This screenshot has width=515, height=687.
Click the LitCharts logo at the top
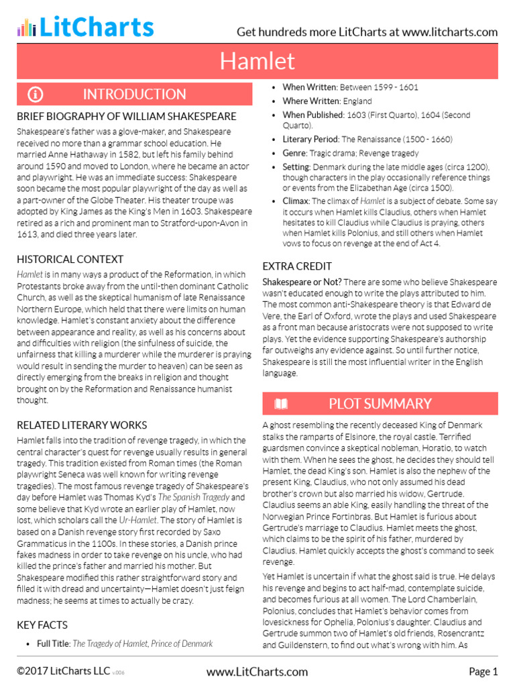[85, 27]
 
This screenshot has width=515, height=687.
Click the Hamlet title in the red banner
[257, 61]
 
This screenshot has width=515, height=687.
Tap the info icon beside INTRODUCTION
[36, 94]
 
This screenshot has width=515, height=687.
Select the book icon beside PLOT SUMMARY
[282, 403]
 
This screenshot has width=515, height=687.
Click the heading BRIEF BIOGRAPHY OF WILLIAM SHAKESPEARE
[126, 117]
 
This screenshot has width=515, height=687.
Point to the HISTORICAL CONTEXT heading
[70, 259]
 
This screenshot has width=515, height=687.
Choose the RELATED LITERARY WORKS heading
[82, 425]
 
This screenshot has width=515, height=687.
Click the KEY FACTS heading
[42, 625]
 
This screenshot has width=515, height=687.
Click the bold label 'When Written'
[309, 87]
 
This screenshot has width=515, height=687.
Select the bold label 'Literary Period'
[310, 140]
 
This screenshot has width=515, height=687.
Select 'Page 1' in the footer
[483, 672]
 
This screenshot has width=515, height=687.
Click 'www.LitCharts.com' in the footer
[257, 672]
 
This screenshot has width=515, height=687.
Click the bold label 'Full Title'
[53, 643]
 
